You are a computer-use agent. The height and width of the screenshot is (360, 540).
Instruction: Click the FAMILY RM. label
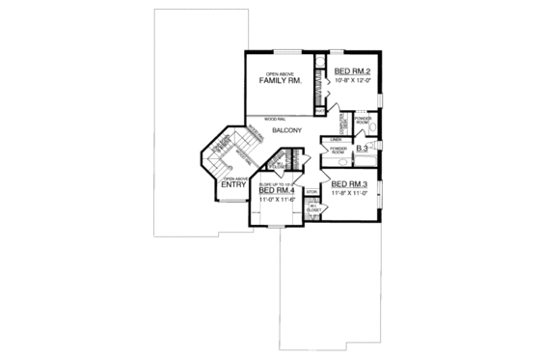(x=281, y=81)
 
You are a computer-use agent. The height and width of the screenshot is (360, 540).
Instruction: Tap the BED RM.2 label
(x=354, y=72)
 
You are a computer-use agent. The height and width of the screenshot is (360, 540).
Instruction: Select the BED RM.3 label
(x=345, y=183)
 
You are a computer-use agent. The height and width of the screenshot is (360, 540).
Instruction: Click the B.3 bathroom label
(x=364, y=149)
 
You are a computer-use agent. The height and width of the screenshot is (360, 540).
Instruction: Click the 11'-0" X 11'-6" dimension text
(x=278, y=201)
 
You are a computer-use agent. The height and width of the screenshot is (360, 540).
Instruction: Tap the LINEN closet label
(x=336, y=140)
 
